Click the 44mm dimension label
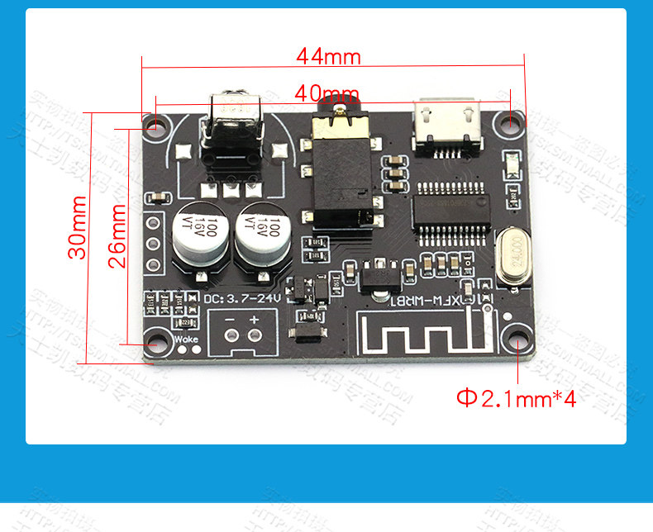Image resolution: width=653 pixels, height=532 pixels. click(329, 56)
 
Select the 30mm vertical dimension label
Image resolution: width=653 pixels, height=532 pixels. click(78, 227)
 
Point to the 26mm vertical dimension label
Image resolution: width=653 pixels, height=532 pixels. click(118, 235)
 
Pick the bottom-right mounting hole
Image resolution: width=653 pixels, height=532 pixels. click(517, 344)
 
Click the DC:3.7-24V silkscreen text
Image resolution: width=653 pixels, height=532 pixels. click(241, 298)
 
